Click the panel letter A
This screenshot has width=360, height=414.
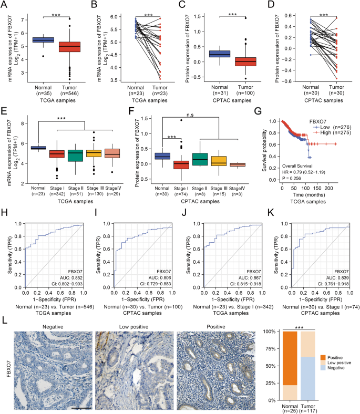point(4,5)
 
